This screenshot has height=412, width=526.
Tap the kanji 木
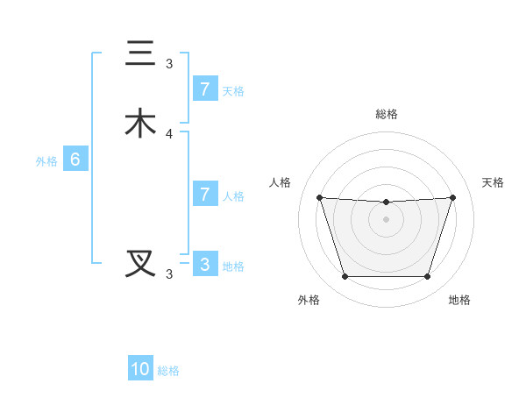point(140,124)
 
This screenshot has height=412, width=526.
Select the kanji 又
point(140,263)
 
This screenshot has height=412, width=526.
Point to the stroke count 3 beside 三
point(169,63)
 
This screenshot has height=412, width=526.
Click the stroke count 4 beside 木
point(169,134)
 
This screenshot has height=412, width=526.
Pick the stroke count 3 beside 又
point(169,273)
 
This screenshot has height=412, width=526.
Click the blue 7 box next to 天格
point(204,89)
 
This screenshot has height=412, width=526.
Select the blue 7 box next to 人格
point(204,194)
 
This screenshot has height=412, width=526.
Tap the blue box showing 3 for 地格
point(204,264)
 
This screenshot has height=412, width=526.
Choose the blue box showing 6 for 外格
point(75,160)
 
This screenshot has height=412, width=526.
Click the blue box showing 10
point(140,369)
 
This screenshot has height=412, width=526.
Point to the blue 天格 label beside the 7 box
point(233,90)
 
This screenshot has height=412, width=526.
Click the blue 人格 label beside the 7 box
point(233,195)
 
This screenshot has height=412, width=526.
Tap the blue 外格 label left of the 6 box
point(46,161)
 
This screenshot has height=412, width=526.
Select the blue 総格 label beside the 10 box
point(168,371)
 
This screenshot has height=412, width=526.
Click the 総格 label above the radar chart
point(386,114)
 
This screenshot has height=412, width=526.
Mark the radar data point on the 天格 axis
point(452,197)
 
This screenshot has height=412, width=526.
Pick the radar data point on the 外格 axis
point(345,277)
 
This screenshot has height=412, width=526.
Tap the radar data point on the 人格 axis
point(319,197)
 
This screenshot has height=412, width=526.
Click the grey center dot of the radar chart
point(386,219)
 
